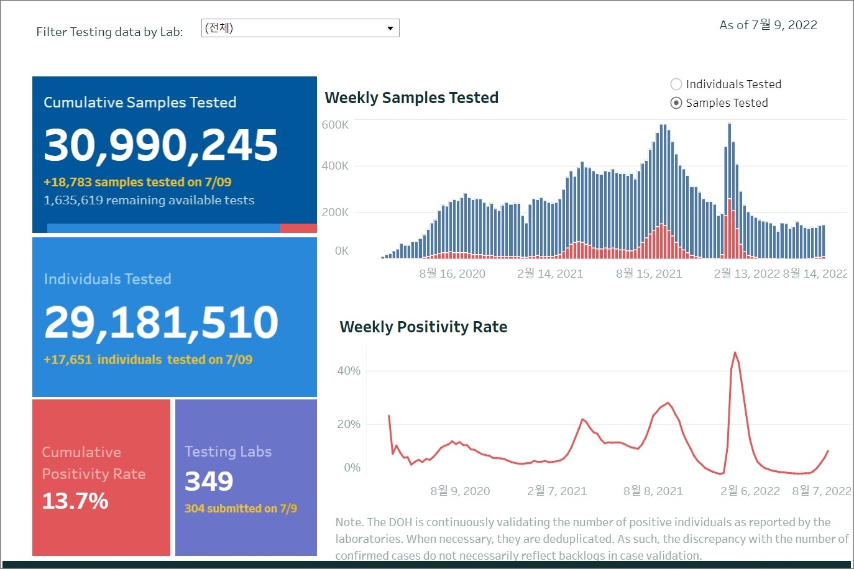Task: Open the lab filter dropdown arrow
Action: pos(390,29)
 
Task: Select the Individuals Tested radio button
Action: pos(676,84)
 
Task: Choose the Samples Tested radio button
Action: pos(676,103)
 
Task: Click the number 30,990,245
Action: pos(161,145)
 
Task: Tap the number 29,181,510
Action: pos(161,322)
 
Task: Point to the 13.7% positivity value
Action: pos(75,501)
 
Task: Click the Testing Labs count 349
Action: pos(209,481)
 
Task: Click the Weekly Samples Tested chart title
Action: pos(411,98)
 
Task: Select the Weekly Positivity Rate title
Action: pos(423,327)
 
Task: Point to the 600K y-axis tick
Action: pos(335,125)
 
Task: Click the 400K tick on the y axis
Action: pos(335,166)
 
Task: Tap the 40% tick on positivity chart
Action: pos(349,371)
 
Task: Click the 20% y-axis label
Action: pos(349,424)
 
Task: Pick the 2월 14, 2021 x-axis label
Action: pos(550,274)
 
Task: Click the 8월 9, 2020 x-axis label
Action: pos(460,491)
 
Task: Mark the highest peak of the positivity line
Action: pos(735,353)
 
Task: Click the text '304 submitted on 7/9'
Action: pos(241,509)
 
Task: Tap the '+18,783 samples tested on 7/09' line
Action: pos(137,182)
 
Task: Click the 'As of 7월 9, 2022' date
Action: pos(768,25)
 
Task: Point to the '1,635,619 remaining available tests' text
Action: pos(149,201)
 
